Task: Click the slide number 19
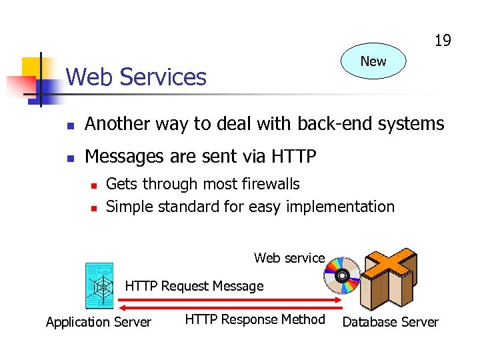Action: pos(443,41)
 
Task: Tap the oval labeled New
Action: pos(373,61)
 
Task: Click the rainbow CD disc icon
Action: pos(342,275)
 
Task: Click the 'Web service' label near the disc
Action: pos(289,258)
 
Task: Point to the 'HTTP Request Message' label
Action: pos(194,286)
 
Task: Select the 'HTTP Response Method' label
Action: pos(255,320)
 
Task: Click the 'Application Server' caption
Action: pos(99,323)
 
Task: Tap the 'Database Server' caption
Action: pos(390,323)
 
